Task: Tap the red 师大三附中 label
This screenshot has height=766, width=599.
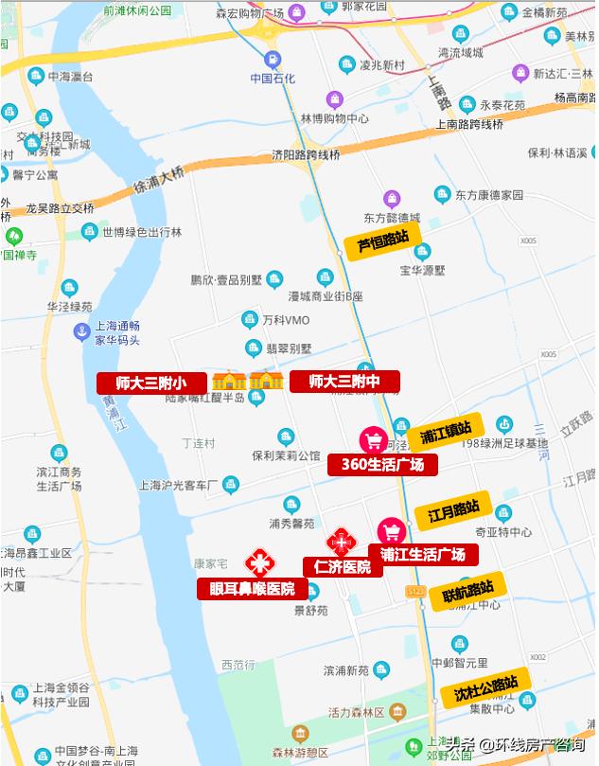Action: click(x=344, y=382)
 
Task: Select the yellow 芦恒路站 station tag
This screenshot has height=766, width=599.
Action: click(x=382, y=242)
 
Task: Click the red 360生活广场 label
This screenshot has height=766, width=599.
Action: click(x=383, y=464)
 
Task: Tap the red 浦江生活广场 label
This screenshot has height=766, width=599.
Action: click(x=423, y=554)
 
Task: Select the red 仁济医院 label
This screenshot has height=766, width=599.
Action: click(x=343, y=567)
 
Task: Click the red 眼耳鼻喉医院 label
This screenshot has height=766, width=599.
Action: click(x=252, y=589)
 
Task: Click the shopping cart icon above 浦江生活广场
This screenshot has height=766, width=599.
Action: click(x=391, y=531)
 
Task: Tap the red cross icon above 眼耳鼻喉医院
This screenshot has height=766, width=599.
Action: click(x=257, y=562)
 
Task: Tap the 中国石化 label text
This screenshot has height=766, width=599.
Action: click(x=273, y=78)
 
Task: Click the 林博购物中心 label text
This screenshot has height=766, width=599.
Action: click(x=334, y=119)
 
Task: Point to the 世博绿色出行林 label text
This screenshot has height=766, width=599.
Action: click(x=142, y=232)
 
